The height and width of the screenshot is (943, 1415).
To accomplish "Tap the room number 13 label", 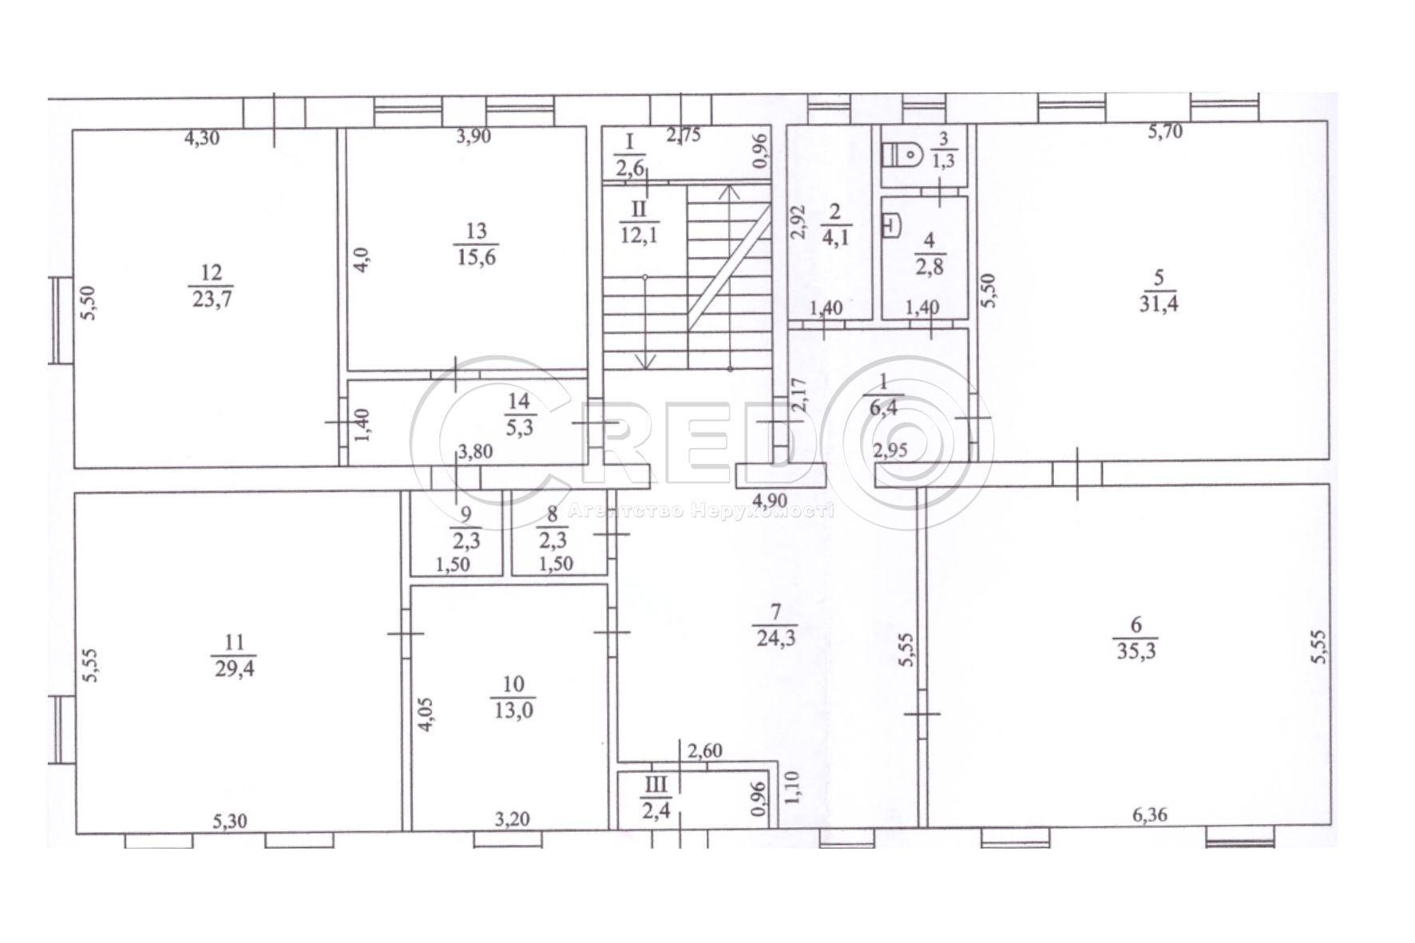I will pos(476,232).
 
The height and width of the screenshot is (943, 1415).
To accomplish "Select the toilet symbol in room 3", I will pos(904,153).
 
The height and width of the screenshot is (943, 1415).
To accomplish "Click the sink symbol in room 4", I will pos(890,227).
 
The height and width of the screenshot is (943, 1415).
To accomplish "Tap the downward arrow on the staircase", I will pos(645,361).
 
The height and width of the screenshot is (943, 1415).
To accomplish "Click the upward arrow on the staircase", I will pos(727,193).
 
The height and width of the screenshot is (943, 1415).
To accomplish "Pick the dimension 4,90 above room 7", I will pos(771,501).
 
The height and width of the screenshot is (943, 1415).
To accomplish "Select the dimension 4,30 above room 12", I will pos(201,138).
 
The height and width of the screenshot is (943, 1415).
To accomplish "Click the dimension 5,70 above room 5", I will pos(1165,133).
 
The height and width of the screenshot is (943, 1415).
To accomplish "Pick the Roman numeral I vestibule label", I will pos(628,143).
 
